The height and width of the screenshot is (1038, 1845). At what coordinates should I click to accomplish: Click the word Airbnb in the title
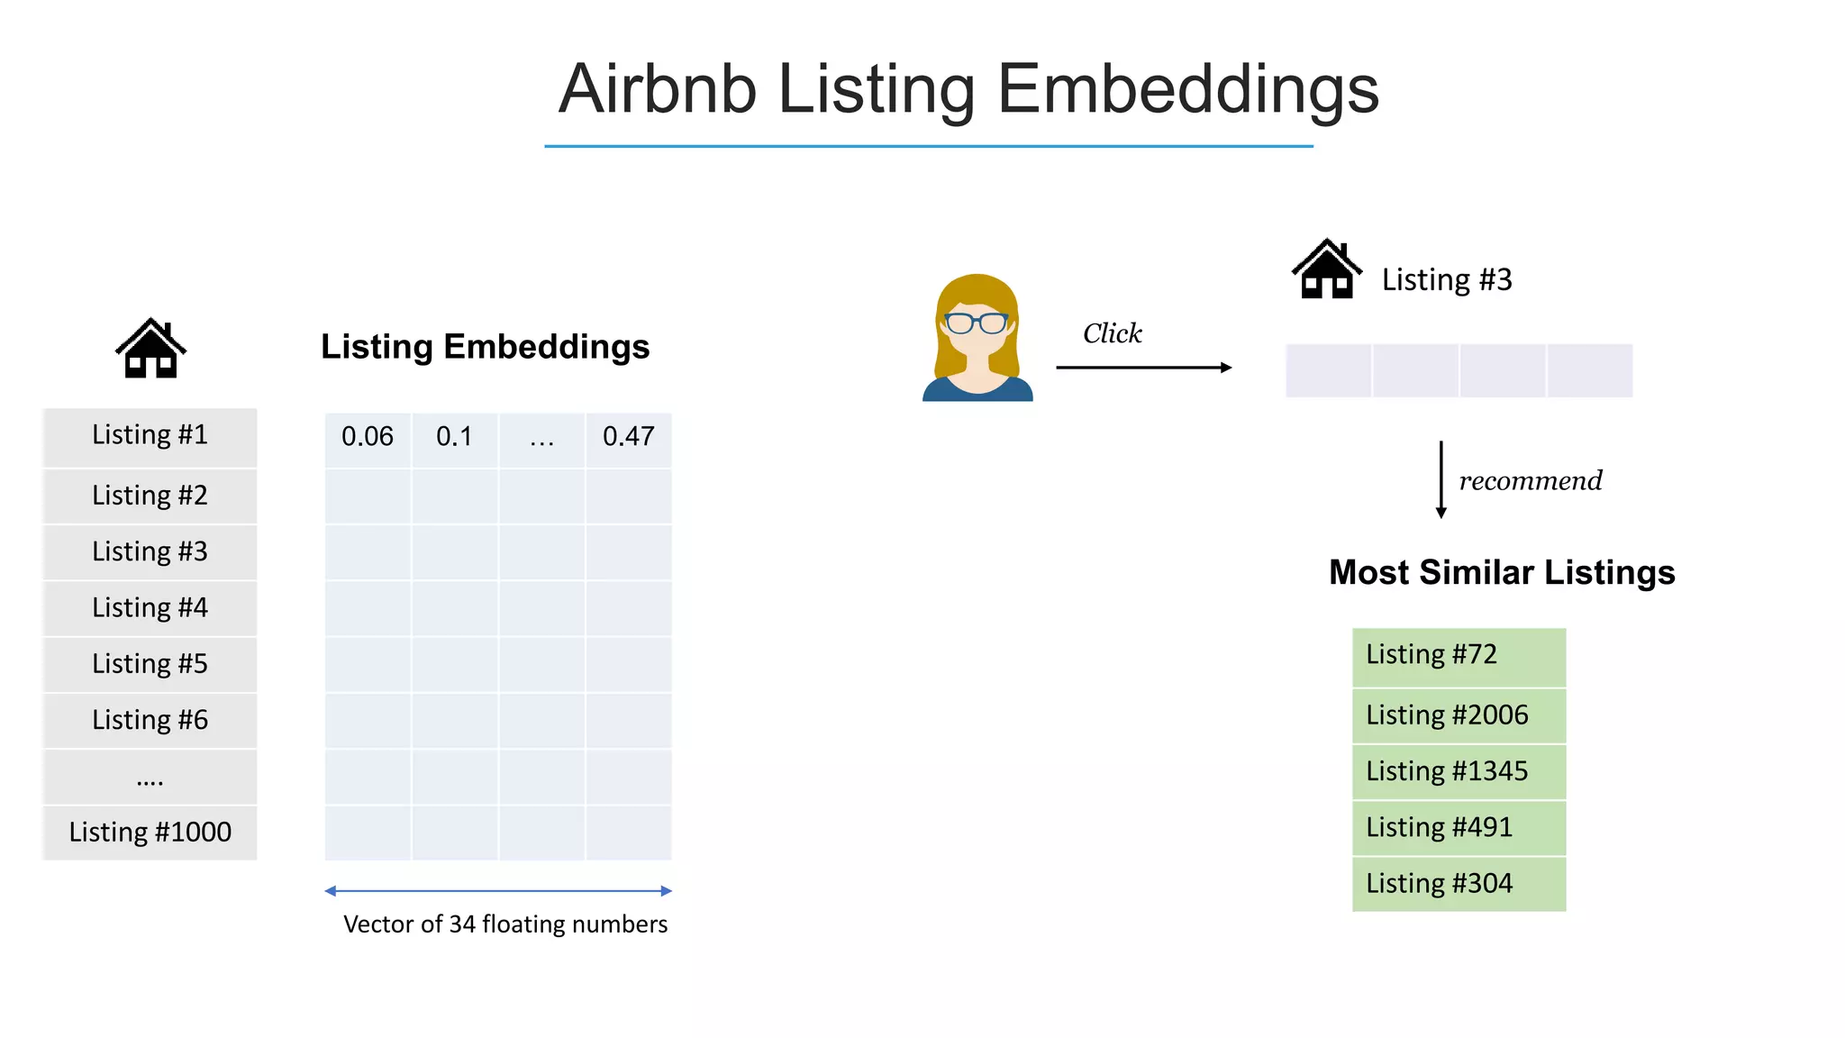[657, 89]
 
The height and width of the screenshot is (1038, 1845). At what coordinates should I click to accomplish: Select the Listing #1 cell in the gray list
[150, 435]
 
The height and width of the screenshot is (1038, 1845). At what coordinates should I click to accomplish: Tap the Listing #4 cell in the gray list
[150, 608]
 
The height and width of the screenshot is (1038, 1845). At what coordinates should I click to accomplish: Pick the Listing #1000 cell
[150, 832]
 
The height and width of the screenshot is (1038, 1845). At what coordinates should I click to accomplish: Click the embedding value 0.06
[367, 437]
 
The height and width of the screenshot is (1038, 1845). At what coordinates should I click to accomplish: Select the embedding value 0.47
[628, 437]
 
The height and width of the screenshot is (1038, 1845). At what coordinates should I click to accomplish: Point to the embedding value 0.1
[454, 437]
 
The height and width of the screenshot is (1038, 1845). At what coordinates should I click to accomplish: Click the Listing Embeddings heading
[485, 347]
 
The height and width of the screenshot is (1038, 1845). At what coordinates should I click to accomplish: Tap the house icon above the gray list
[150, 349]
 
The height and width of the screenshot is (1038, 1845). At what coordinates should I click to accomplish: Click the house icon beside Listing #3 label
[1326, 269]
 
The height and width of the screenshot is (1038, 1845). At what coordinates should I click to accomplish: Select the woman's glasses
[977, 323]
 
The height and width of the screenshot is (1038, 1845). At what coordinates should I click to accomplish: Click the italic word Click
[1112, 333]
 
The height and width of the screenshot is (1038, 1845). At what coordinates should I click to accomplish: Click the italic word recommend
[1530, 480]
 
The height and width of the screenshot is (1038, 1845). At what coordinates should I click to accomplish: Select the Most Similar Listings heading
[1502, 573]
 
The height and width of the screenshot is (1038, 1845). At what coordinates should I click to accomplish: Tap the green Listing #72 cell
[1459, 655]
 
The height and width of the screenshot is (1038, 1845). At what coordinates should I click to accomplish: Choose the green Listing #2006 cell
[1459, 715]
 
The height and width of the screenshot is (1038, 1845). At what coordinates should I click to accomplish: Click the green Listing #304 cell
[1459, 884]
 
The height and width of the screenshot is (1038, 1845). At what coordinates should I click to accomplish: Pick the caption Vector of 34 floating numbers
[505, 924]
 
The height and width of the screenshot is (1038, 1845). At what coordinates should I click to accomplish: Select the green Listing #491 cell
[1459, 827]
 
